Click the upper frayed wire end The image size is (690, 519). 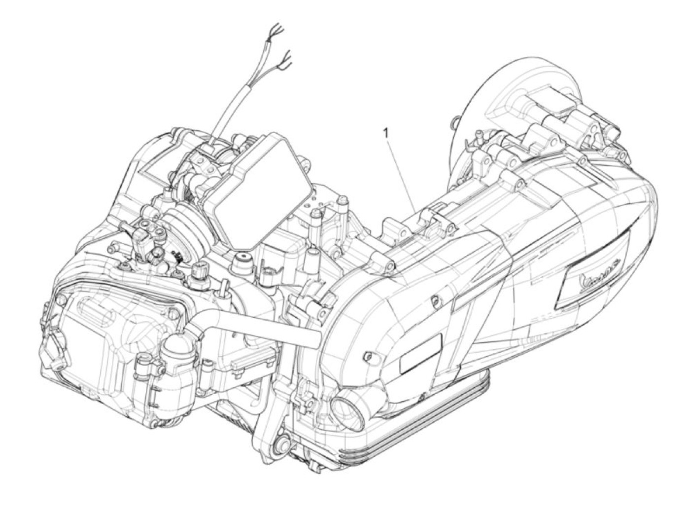point(276,31)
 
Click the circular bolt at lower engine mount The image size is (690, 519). point(283,444)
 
